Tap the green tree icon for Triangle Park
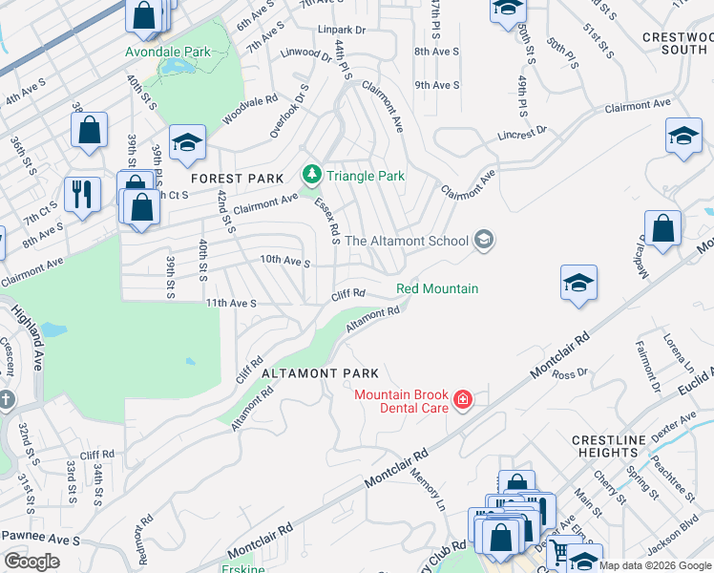pos(310,175)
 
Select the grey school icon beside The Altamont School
pos(484,240)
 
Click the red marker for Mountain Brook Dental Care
pos(463,399)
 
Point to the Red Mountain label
pos(437,288)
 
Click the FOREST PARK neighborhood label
pos(237,179)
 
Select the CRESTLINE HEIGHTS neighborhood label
pos(612,446)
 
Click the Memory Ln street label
pos(428,487)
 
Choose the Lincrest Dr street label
pos(521,133)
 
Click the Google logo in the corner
pos(32,562)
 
